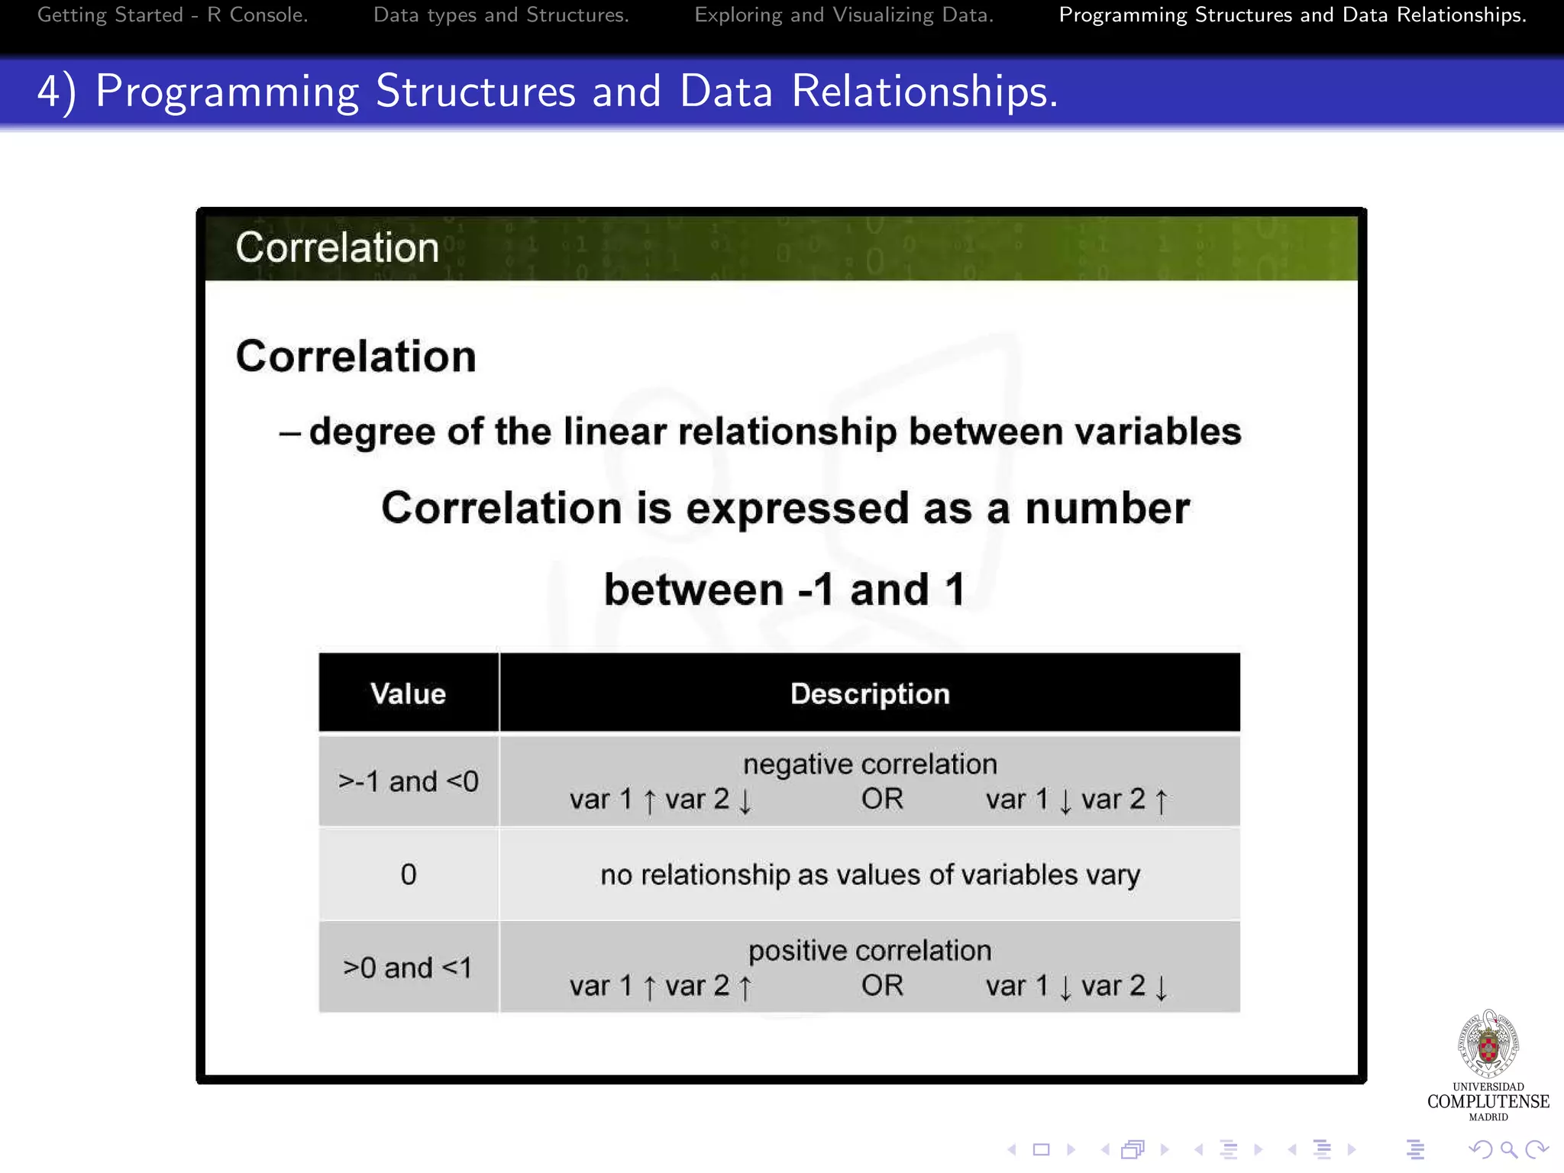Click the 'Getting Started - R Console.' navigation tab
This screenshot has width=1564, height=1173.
coord(173,15)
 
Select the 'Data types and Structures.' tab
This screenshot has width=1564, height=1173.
coord(501,15)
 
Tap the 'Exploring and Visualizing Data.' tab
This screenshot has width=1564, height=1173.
coord(844,15)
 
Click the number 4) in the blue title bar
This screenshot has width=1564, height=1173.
coord(57,92)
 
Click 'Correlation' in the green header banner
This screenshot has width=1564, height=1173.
coord(337,247)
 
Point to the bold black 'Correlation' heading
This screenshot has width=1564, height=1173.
coord(356,357)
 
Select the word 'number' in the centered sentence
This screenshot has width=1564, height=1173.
coord(1107,509)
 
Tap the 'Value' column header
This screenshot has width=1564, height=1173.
coord(409,693)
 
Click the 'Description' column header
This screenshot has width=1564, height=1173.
coord(870,693)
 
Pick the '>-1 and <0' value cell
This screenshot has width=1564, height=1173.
coord(409,781)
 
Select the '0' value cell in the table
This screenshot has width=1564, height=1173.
coord(409,874)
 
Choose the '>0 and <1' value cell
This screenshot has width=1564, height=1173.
coord(409,968)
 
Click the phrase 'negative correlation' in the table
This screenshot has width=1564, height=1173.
coord(870,764)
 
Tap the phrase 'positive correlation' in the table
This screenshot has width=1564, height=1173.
coord(870,951)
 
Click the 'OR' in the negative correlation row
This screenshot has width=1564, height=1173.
coord(882,799)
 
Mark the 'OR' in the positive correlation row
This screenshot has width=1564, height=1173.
coord(882,986)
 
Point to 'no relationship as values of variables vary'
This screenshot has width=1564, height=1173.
coord(870,874)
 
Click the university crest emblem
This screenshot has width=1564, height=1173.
coord(1488,1044)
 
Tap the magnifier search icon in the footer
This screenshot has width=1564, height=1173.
coord(1508,1149)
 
